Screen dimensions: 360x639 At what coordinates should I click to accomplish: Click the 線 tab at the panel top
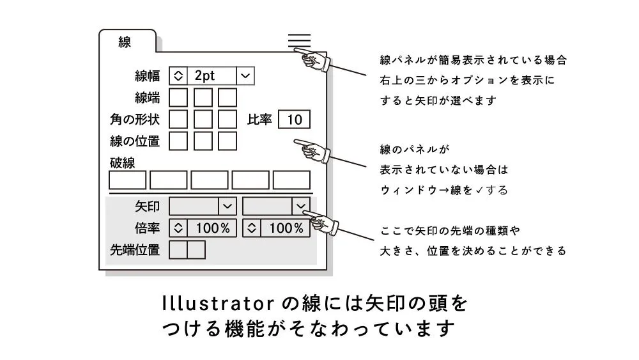click(x=125, y=43)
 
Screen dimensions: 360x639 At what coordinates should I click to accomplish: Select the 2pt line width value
click(x=212, y=75)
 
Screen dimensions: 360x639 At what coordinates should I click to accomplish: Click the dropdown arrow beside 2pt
click(x=245, y=75)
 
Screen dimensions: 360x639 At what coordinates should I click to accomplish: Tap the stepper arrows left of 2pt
click(x=178, y=75)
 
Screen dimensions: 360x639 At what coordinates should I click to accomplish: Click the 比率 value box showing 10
click(x=294, y=119)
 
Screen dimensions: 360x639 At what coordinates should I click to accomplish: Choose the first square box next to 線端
click(x=178, y=98)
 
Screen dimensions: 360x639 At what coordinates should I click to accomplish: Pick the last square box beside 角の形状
click(x=227, y=119)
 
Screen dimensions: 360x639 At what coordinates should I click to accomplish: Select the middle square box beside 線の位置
click(x=203, y=141)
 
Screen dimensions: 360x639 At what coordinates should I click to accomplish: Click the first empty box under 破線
click(x=128, y=180)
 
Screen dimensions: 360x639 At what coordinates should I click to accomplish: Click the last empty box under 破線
click(x=291, y=180)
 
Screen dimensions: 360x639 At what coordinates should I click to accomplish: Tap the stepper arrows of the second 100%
click(x=252, y=228)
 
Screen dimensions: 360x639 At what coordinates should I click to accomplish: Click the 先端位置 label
click(x=135, y=249)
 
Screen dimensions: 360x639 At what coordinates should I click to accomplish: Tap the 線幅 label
click(x=148, y=76)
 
